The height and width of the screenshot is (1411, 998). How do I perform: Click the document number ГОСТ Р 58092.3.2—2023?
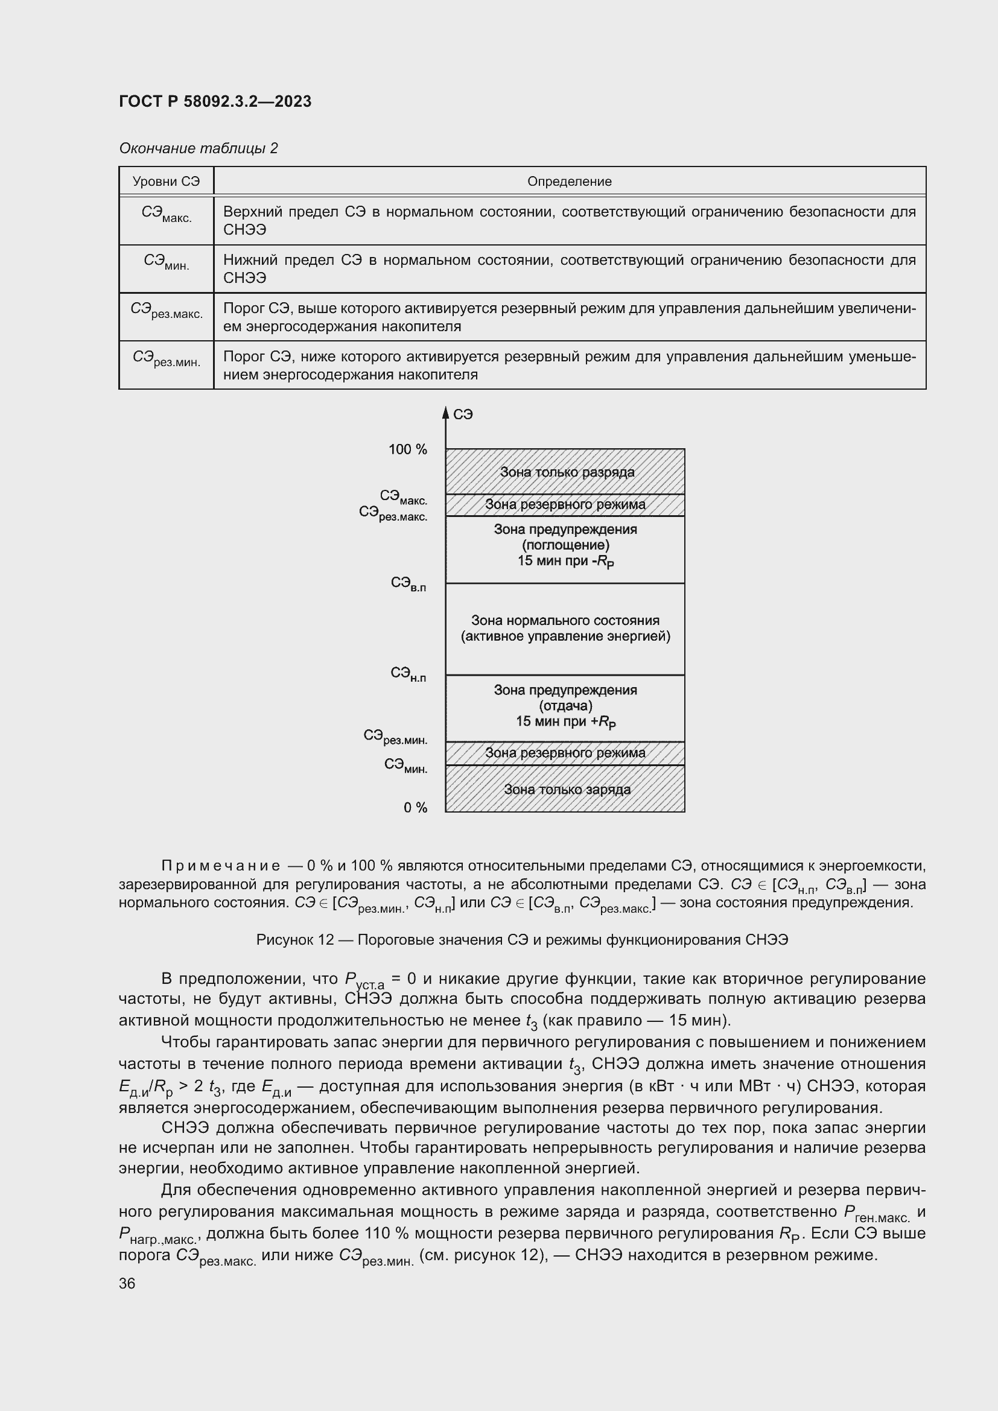point(215,101)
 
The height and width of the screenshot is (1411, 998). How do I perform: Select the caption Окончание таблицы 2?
point(198,148)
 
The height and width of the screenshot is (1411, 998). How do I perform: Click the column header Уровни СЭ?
point(166,182)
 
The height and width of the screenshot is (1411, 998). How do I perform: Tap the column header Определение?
point(569,182)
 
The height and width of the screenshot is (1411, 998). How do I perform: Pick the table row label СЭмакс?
point(166,215)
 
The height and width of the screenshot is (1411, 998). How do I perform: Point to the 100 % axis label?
point(407,450)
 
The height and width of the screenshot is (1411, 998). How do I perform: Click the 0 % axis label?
point(415,808)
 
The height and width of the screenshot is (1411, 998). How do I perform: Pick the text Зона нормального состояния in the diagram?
point(565,621)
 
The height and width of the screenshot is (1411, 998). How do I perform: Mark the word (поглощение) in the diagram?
point(565,545)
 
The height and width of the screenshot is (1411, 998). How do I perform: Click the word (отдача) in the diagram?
point(565,706)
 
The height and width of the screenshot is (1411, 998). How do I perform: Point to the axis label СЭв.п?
point(408,584)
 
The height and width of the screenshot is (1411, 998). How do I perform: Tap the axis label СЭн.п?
point(408,675)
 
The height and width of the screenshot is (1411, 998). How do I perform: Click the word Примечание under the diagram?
point(221,866)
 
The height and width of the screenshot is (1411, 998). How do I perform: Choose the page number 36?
point(127,1283)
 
